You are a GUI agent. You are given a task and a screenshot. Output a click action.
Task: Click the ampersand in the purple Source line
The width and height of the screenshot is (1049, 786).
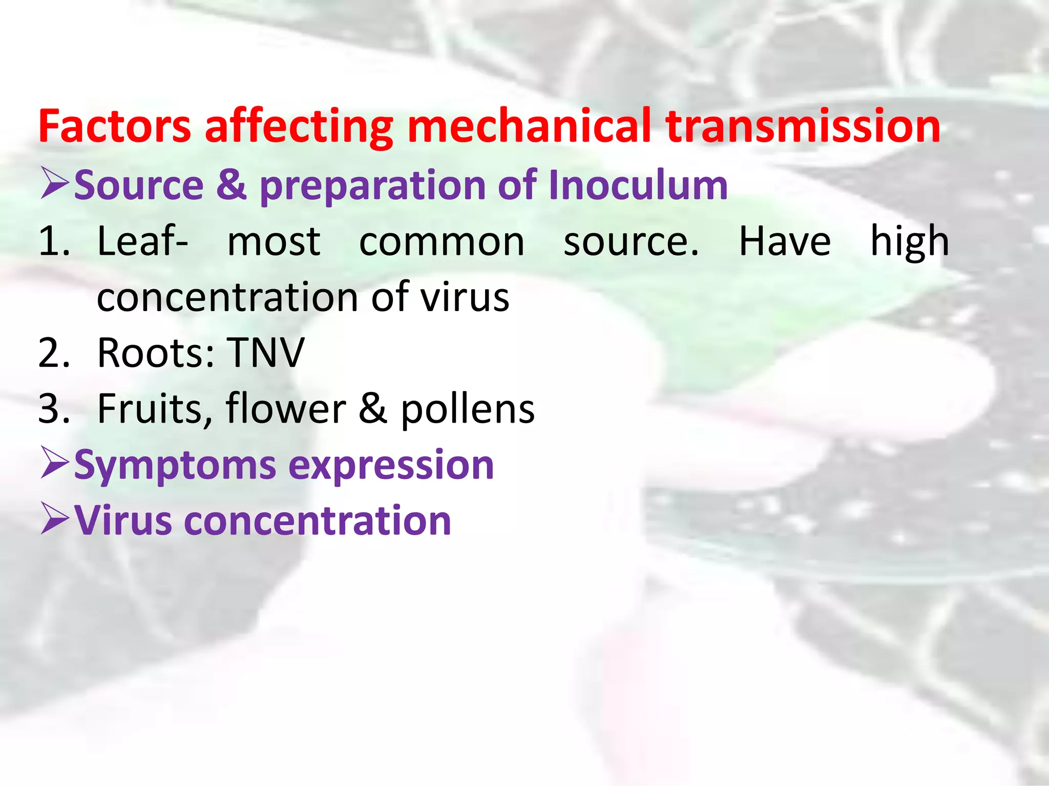click(231, 185)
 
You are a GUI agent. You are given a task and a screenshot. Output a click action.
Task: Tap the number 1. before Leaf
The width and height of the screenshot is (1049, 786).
click(53, 242)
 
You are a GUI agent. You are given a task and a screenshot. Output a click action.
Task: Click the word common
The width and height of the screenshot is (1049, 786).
click(442, 242)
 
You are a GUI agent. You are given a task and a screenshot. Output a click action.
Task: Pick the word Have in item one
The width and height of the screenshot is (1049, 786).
click(784, 242)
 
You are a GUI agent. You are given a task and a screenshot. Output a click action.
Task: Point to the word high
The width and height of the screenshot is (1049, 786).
click(910, 242)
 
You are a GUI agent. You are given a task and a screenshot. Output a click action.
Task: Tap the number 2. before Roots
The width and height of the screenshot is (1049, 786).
click(53, 353)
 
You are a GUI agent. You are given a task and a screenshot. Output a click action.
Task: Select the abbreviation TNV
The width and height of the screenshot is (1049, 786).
click(266, 353)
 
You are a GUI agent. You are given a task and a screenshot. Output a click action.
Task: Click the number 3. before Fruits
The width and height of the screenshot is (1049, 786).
click(53, 409)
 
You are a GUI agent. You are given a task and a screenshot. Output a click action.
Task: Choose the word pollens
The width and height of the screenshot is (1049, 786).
click(467, 410)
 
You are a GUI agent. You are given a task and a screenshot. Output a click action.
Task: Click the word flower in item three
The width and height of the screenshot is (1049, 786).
click(286, 409)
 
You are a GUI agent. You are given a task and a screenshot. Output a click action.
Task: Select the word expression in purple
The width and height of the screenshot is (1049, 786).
click(391, 466)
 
